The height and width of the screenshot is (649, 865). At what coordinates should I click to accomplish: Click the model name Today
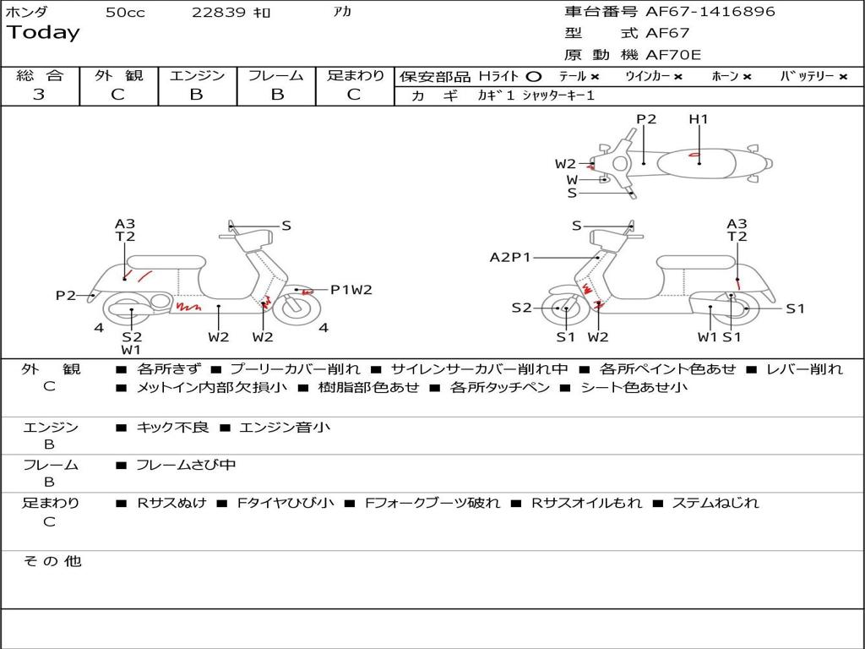[43, 33]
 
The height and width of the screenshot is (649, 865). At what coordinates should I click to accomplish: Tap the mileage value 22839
[219, 13]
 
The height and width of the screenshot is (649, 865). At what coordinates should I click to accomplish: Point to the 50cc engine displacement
[125, 13]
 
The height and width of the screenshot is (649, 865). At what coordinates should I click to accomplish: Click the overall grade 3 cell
[39, 94]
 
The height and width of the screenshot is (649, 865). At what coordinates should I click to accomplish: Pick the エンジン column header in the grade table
[197, 75]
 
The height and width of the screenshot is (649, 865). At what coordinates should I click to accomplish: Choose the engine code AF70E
[673, 56]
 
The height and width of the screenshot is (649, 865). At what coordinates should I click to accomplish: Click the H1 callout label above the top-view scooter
[699, 119]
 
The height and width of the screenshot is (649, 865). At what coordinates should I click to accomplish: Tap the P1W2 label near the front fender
[351, 290]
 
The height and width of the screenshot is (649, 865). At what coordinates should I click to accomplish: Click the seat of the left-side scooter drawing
[166, 261]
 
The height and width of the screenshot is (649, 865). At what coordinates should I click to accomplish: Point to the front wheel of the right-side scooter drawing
[565, 309]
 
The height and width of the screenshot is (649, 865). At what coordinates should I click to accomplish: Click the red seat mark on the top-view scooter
[693, 155]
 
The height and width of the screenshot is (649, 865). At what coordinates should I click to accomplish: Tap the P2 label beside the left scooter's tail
[66, 295]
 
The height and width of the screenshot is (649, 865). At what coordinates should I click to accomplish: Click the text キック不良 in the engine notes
[172, 428]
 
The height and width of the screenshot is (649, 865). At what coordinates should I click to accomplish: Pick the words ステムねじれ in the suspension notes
[715, 503]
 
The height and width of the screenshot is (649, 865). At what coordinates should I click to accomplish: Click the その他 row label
[52, 561]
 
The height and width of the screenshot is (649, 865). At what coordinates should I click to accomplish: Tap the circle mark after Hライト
[533, 76]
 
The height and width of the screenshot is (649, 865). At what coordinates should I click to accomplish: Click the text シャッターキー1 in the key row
[558, 95]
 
